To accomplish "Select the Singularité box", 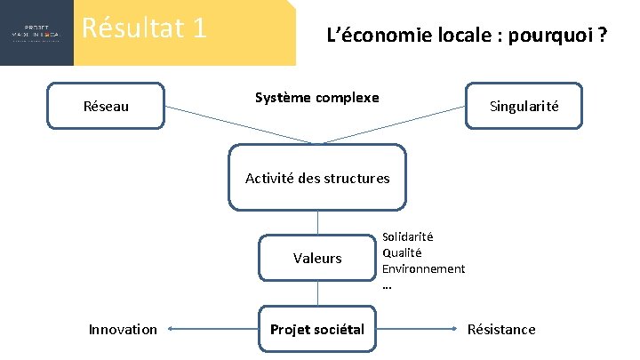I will click(524, 107).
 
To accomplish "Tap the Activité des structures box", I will click(317, 178).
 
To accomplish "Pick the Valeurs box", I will click(317, 258).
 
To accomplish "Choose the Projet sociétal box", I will click(317, 330).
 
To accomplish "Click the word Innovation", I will click(123, 330).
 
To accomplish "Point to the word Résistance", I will click(501, 330).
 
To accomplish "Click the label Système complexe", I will click(316, 97).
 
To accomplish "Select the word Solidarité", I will click(407, 236).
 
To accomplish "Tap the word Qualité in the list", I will click(402, 252).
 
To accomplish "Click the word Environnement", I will click(423, 268).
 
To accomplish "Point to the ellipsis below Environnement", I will click(387, 285).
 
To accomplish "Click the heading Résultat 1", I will click(144, 28).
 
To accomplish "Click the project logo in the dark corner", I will click(36, 33).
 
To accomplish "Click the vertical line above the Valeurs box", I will click(317, 222).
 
